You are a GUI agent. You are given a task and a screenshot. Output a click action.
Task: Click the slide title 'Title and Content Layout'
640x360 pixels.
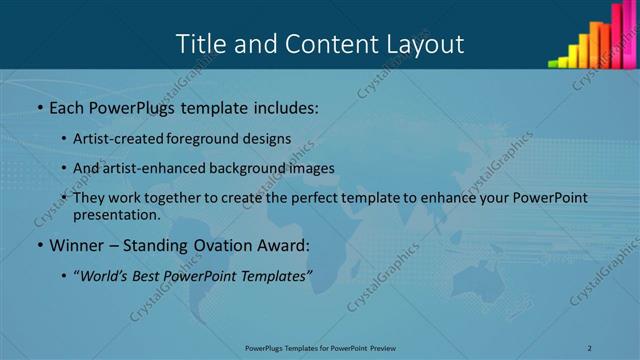tap(319, 44)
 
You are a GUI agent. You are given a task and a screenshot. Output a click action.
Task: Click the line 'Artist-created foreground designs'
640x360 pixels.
tap(182, 138)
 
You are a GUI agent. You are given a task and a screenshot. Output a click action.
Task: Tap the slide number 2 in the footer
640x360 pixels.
tap(589, 348)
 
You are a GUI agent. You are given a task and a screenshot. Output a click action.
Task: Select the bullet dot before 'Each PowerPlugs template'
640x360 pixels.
tap(39, 107)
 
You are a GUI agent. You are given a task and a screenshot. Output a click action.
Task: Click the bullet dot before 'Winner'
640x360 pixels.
tap(39, 246)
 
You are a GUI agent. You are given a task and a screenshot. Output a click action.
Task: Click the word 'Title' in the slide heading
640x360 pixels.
tap(200, 44)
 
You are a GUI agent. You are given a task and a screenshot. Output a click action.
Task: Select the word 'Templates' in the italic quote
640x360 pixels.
tap(273, 274)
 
